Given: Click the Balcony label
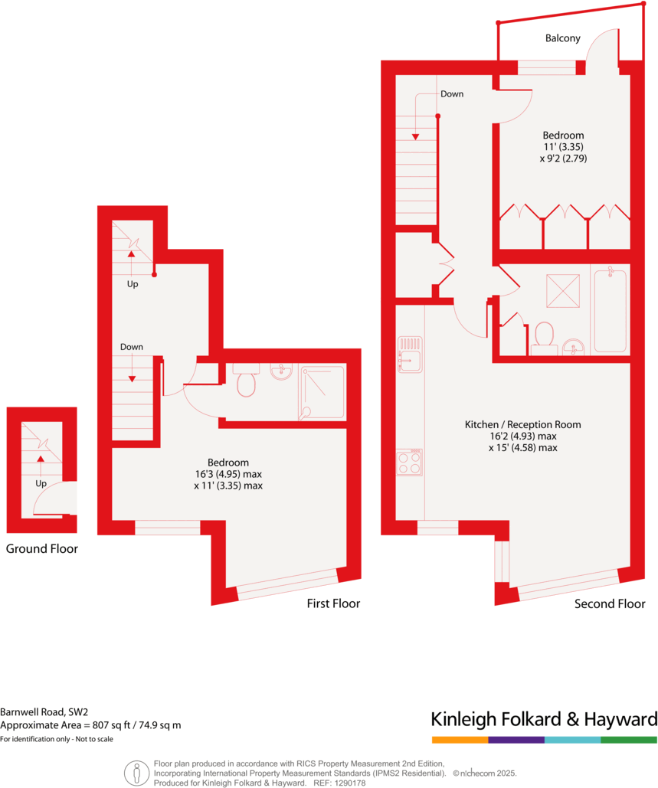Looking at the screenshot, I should (562, 38).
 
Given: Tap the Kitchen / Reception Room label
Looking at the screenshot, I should (522, 424).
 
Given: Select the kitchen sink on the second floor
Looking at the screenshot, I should (410, 355).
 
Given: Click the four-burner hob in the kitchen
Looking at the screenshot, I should (410, 463).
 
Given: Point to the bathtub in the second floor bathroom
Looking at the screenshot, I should (610, 309).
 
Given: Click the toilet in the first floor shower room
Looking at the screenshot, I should (246, 381).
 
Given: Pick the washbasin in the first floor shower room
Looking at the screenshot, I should (281, 371).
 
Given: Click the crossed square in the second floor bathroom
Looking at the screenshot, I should (561, 290).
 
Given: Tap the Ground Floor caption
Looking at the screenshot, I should (41, 549).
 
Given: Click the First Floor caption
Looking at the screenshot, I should (333, 603).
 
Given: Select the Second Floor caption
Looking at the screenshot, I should (610, 603).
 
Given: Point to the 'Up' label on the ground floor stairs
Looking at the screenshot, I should (40, 484).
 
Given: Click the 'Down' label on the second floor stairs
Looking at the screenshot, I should (451, 94).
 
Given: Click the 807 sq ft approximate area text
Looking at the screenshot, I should (90, 725).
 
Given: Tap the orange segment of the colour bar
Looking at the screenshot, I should (460, 740).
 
